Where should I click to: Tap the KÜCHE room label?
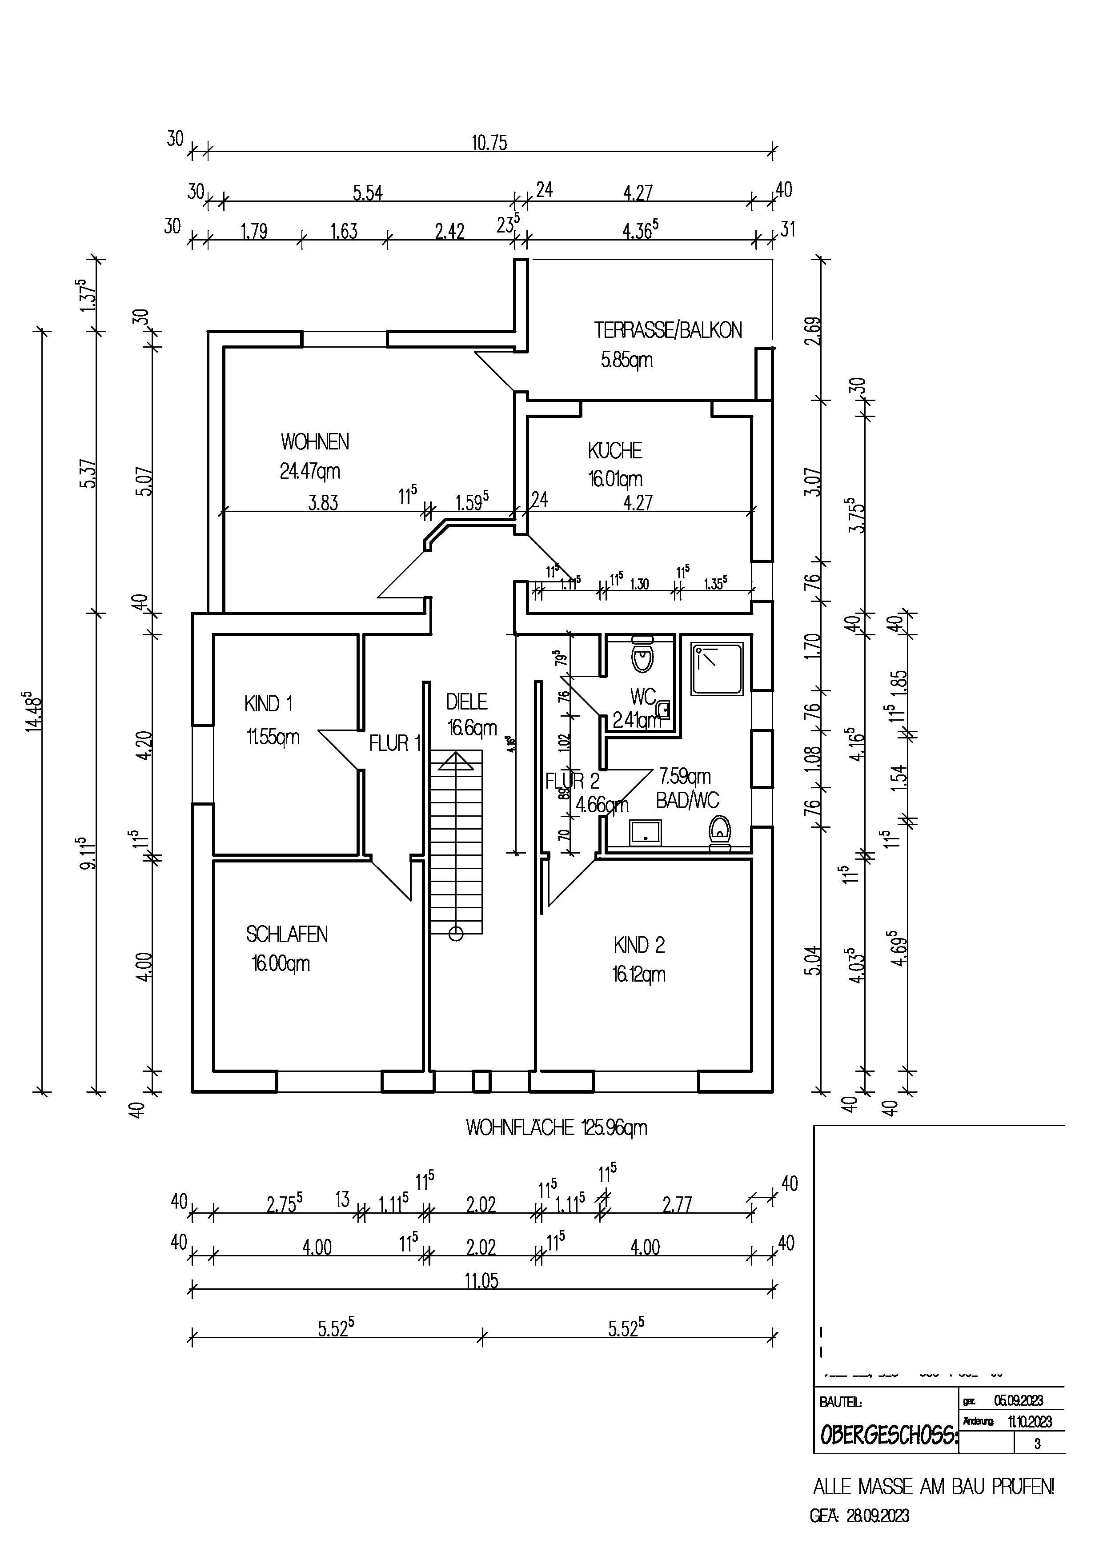pyautogui.click(x=615, y=450)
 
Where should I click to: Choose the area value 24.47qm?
pyautogui.click(x=310, y=471)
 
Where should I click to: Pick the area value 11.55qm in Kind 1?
pyautogui.click(x=273, y=737)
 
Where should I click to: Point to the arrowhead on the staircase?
pyautogui.click(x=456, y=762)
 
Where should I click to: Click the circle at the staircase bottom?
pyautogui.click(x=456, y=934)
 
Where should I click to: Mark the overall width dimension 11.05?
pyautogui.click(x=481, y=1281)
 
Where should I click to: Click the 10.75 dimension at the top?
pyautogui.click(x=489, y=143)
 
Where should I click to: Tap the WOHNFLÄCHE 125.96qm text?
pyautogui.click(x=556, y=1128)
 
